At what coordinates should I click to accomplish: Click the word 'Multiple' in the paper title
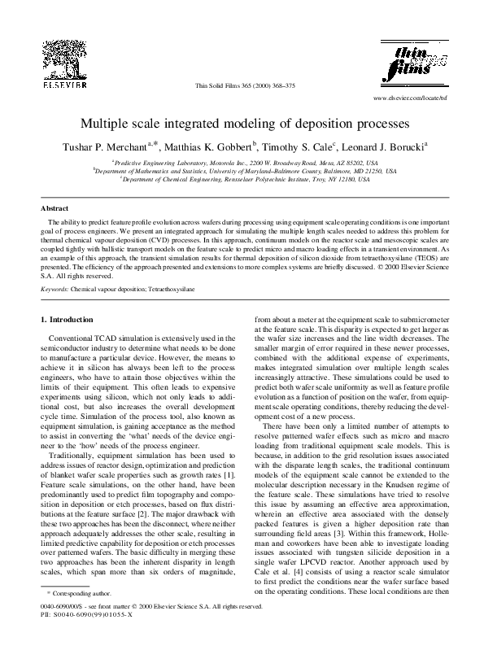(x=102, y=126)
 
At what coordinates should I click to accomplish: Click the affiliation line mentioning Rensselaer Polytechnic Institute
(x=242, y=178)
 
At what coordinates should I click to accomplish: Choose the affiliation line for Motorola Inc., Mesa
(x=242, y=162)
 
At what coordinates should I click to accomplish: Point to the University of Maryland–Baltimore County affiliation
(x=242, y=170)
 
